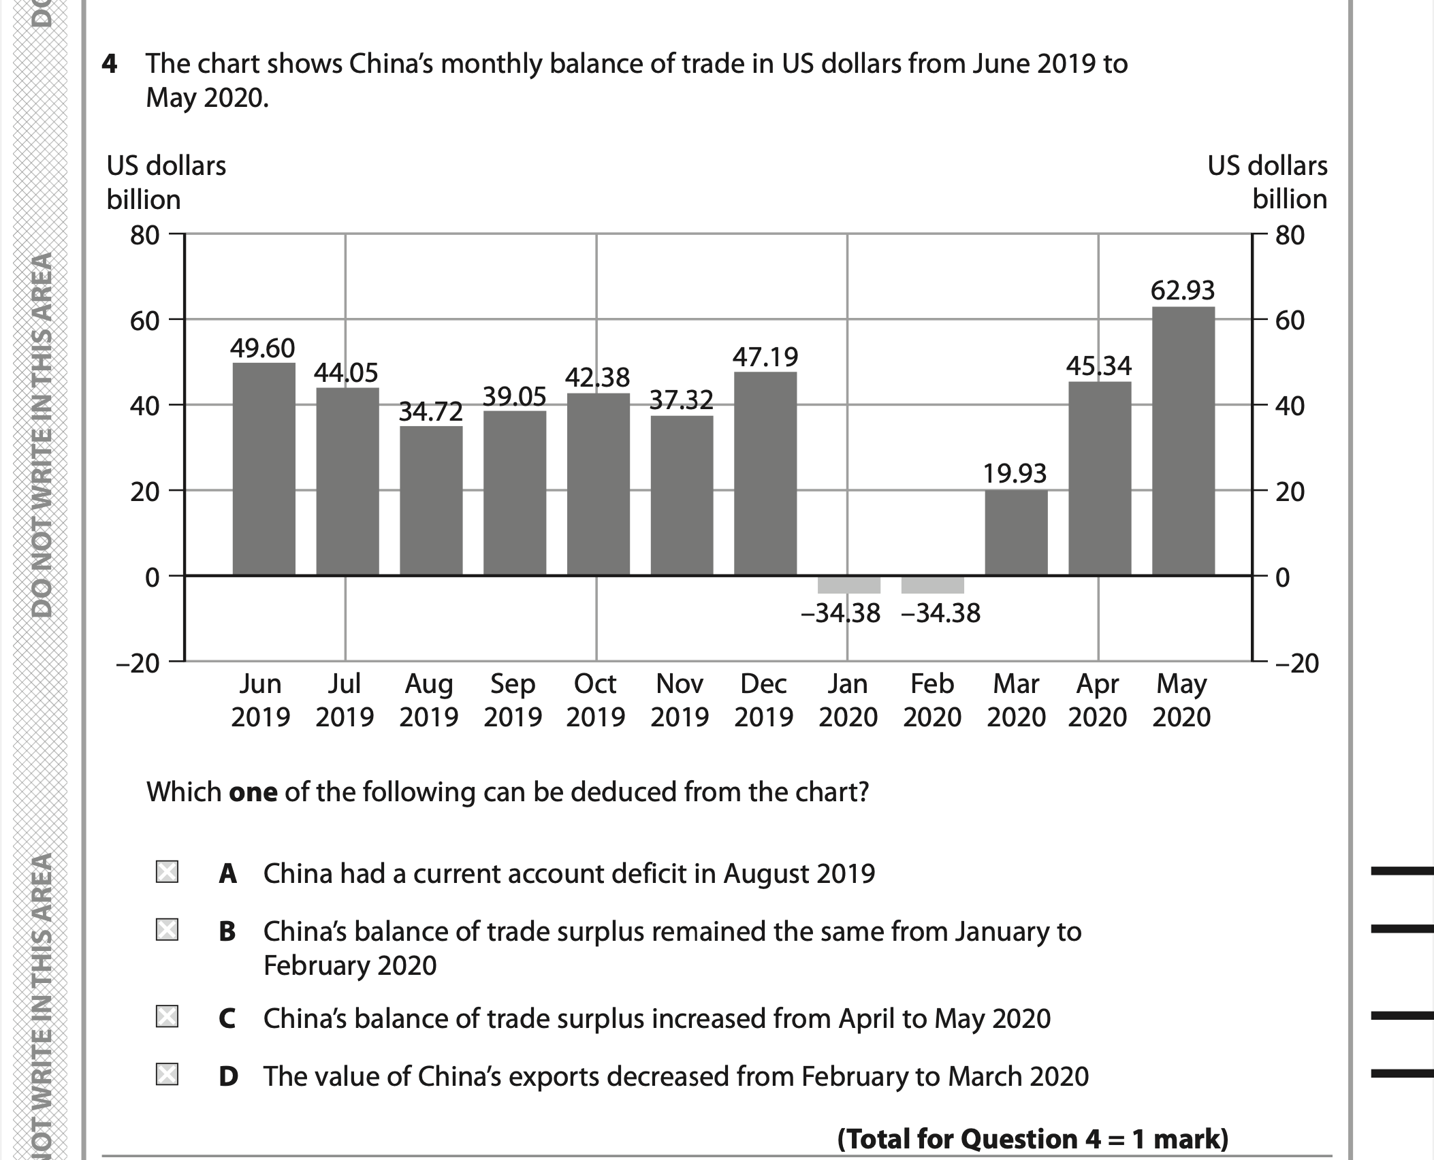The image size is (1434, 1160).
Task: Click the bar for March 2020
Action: (1016, 532)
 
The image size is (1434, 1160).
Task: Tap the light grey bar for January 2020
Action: (848, 585)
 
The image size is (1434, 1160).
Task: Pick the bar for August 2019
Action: (431, 500)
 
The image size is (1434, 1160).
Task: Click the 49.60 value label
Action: (262, 349)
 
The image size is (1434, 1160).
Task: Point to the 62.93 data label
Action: (1183, 291)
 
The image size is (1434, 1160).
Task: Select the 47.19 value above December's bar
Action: (765, 357)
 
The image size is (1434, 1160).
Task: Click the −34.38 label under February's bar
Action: (940, 614)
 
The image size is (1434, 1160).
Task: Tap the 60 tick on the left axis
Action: (144, 321)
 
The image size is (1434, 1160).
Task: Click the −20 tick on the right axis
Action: (1296, 663)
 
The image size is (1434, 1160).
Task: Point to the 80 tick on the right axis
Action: (1290, 236)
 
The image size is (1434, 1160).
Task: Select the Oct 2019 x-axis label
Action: (596, 700)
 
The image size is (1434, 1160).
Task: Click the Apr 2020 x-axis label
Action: (1098, 700)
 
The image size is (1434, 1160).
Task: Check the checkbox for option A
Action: (167, 872)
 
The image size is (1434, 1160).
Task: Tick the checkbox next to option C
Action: (167, 1018)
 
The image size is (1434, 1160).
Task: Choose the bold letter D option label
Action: (228, 1076)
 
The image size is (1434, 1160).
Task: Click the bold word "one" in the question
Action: (253, 792)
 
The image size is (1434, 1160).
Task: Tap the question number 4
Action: (109, 65)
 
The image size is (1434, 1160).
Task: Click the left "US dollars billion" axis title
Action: (166, 182)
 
